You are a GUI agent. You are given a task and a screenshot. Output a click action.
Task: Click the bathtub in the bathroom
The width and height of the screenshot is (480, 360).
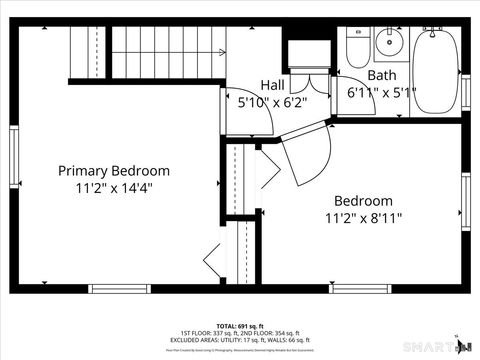point(435,66)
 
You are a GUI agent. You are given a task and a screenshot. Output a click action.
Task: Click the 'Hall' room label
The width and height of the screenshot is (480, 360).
point(273,85)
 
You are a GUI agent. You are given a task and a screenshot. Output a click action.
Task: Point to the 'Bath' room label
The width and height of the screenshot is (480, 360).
point(381,76)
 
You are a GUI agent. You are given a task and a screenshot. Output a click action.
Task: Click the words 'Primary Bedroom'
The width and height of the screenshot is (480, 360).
point(113,170)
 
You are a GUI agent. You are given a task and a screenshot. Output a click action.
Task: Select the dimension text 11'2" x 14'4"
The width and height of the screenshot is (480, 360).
point(113,187)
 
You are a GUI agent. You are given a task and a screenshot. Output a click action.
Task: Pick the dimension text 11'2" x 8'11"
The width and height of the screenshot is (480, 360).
point(363,217)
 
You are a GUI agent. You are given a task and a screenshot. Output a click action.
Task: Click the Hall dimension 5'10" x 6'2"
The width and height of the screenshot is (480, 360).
point(272,102)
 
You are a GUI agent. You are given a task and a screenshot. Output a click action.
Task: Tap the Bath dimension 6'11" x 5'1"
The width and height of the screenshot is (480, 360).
point(381,92)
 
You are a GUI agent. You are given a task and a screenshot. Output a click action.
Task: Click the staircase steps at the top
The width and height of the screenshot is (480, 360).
point(165,50)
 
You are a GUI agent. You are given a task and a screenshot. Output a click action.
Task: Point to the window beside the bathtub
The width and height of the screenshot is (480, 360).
point(465,92)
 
